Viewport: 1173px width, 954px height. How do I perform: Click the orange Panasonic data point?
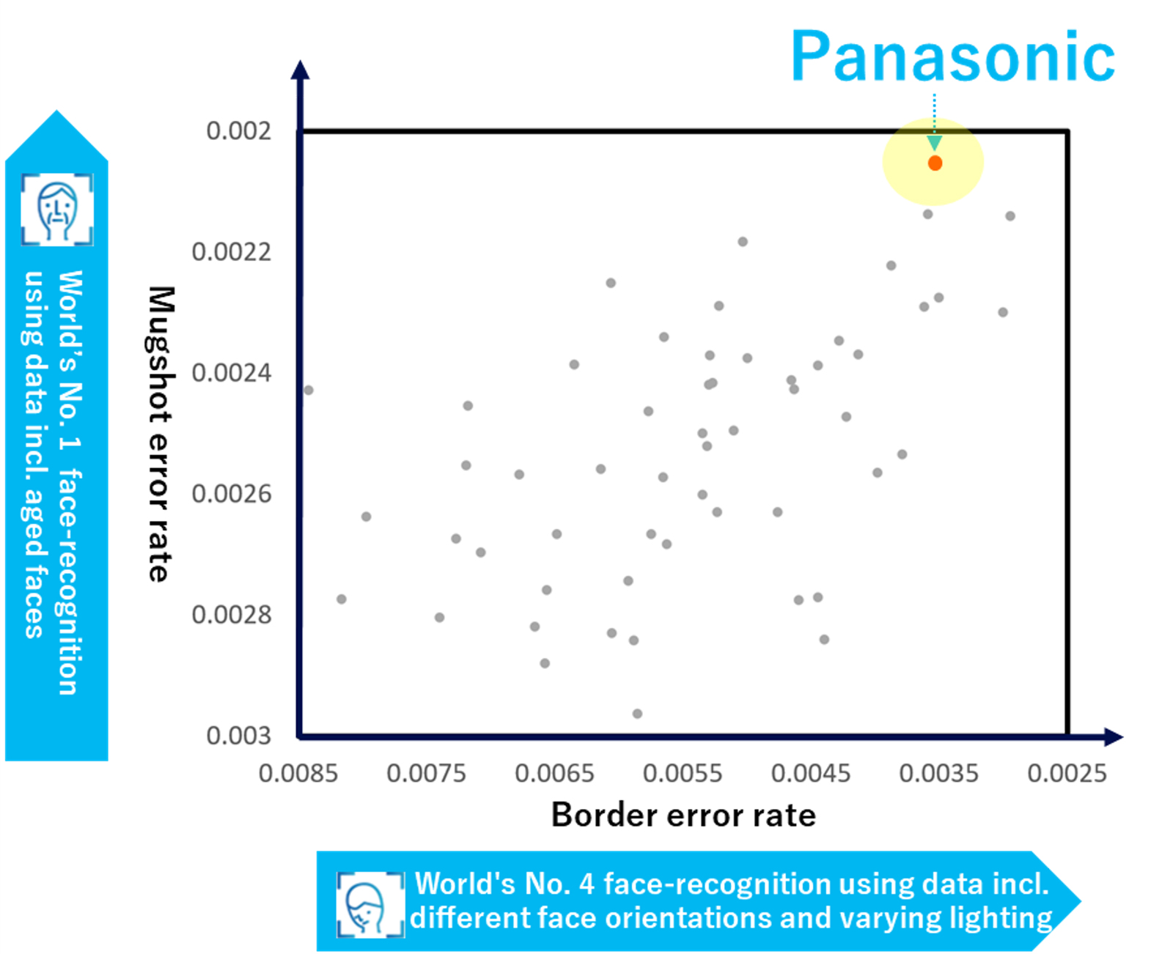935,163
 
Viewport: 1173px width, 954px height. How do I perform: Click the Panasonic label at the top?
953,56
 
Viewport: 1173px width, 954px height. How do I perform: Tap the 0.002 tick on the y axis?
239,131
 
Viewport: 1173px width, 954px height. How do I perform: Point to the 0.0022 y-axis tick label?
232,252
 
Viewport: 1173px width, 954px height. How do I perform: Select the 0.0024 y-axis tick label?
232,373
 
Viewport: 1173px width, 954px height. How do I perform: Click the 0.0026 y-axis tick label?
232,494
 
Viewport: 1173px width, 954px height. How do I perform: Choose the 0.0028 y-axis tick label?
232,614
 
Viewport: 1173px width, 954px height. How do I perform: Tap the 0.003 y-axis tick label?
239,736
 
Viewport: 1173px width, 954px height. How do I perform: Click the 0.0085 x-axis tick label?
298,774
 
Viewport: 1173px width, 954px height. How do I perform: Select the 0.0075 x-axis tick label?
427,774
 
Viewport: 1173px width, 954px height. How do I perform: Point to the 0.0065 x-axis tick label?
554,774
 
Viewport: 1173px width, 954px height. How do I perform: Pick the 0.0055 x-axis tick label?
683,774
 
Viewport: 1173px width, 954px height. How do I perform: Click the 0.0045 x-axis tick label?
811,774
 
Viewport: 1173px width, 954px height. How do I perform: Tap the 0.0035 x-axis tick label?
939,774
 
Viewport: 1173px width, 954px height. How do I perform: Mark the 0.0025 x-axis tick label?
1067,774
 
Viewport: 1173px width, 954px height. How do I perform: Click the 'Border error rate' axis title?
683,815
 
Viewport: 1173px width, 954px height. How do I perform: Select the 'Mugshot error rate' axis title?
161,434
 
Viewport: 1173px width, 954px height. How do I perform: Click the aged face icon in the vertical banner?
57,209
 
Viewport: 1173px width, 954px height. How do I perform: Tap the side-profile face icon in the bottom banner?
371,904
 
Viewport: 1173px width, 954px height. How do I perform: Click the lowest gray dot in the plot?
637,714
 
